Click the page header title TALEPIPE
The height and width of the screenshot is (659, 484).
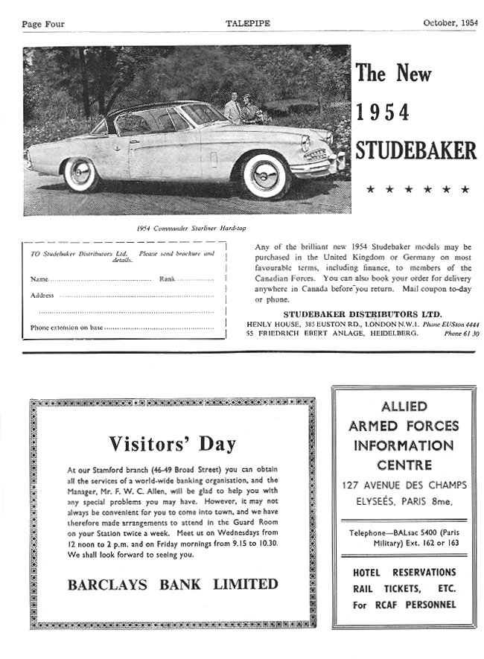coord(248,24)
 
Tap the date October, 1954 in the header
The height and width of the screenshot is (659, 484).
coord(450,24)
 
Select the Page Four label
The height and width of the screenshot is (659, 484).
coord(43,24)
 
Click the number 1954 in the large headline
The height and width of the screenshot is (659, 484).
coord(383,112)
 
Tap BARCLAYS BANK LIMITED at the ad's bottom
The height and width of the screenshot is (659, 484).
coord(173,584)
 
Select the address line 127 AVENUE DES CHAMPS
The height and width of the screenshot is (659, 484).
coord(404,486)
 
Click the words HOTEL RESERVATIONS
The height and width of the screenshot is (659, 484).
coord(404,572)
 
